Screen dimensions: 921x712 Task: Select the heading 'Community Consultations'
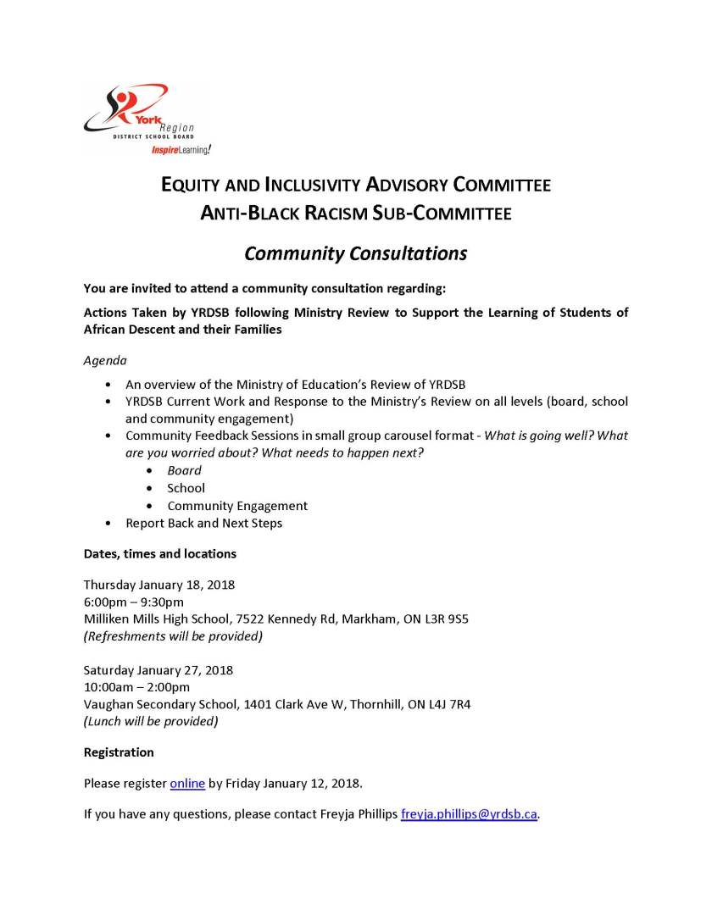(356, 253)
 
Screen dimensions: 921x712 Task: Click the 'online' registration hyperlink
(187, 783)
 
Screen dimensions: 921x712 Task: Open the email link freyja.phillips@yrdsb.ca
(469, 814)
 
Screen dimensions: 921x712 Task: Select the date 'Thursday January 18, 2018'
(159, 585)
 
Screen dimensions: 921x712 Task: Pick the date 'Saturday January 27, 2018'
(159, 669)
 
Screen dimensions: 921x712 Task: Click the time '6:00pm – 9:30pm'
(133, 602)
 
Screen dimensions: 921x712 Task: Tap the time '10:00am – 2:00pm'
(136, 687)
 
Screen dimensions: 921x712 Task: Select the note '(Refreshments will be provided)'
(173, 635)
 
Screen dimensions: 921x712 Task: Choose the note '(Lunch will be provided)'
(151, 721)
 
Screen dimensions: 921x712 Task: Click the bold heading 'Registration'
(119, 752)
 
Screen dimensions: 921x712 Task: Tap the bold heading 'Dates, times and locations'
(159, 554)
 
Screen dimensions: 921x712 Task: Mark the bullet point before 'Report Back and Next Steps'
(107, 524)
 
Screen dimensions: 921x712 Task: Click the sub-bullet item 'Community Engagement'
(237, 506)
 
